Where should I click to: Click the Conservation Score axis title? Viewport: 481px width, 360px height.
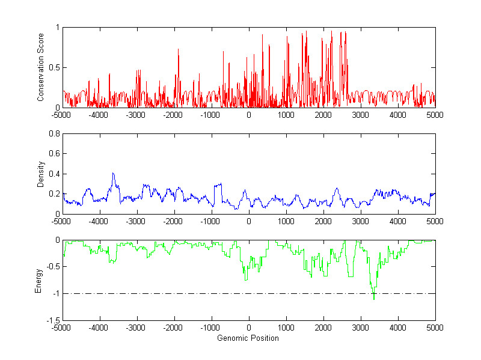coord(40,67)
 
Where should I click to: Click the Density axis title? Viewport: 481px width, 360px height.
coord(40,174)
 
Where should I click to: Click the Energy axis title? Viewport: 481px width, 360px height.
coord(38,280)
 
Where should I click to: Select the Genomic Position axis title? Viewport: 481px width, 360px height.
coord(248,338)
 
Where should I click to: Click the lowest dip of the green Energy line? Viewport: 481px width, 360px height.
coord(373,299)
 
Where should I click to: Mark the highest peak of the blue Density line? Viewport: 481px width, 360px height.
coord(112,173)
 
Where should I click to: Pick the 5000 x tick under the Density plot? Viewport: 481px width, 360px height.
coord(435,221)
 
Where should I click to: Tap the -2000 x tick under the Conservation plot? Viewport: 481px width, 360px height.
coord(173,114)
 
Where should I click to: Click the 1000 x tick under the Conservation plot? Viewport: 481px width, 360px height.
coord(286,114)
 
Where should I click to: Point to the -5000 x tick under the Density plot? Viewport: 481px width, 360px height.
coord(61,221)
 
